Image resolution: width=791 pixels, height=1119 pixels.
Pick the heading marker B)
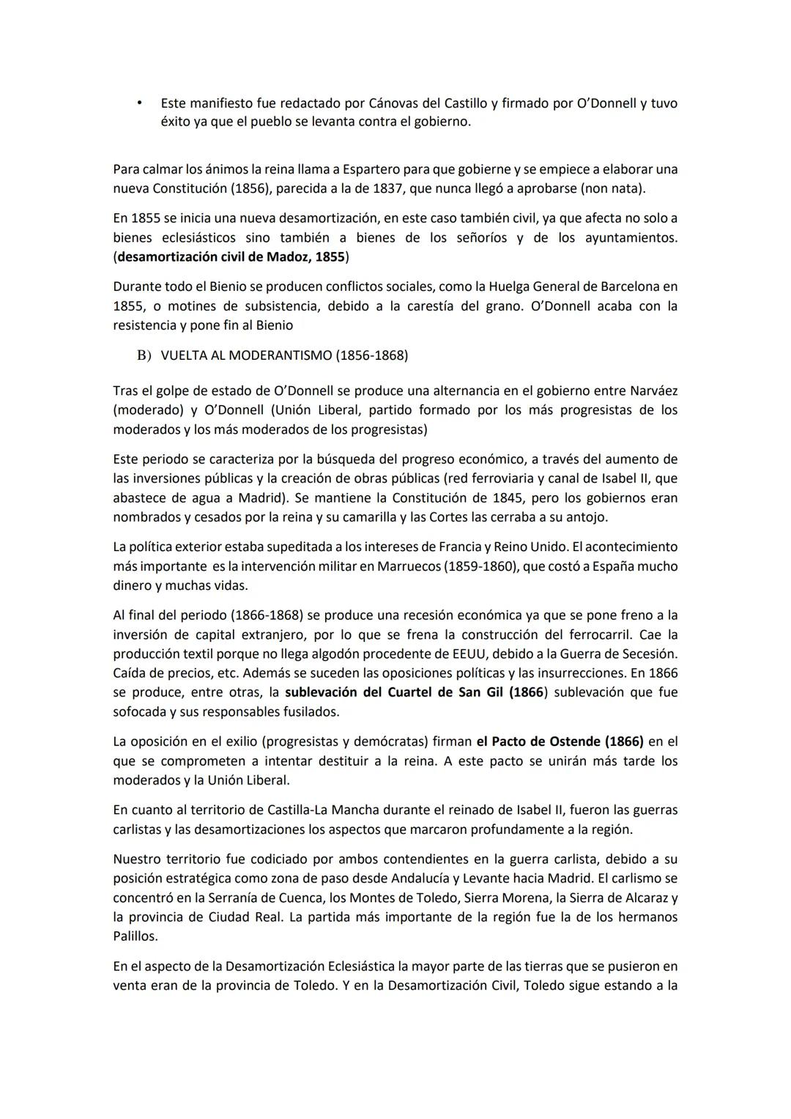(x=143, y=355)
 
